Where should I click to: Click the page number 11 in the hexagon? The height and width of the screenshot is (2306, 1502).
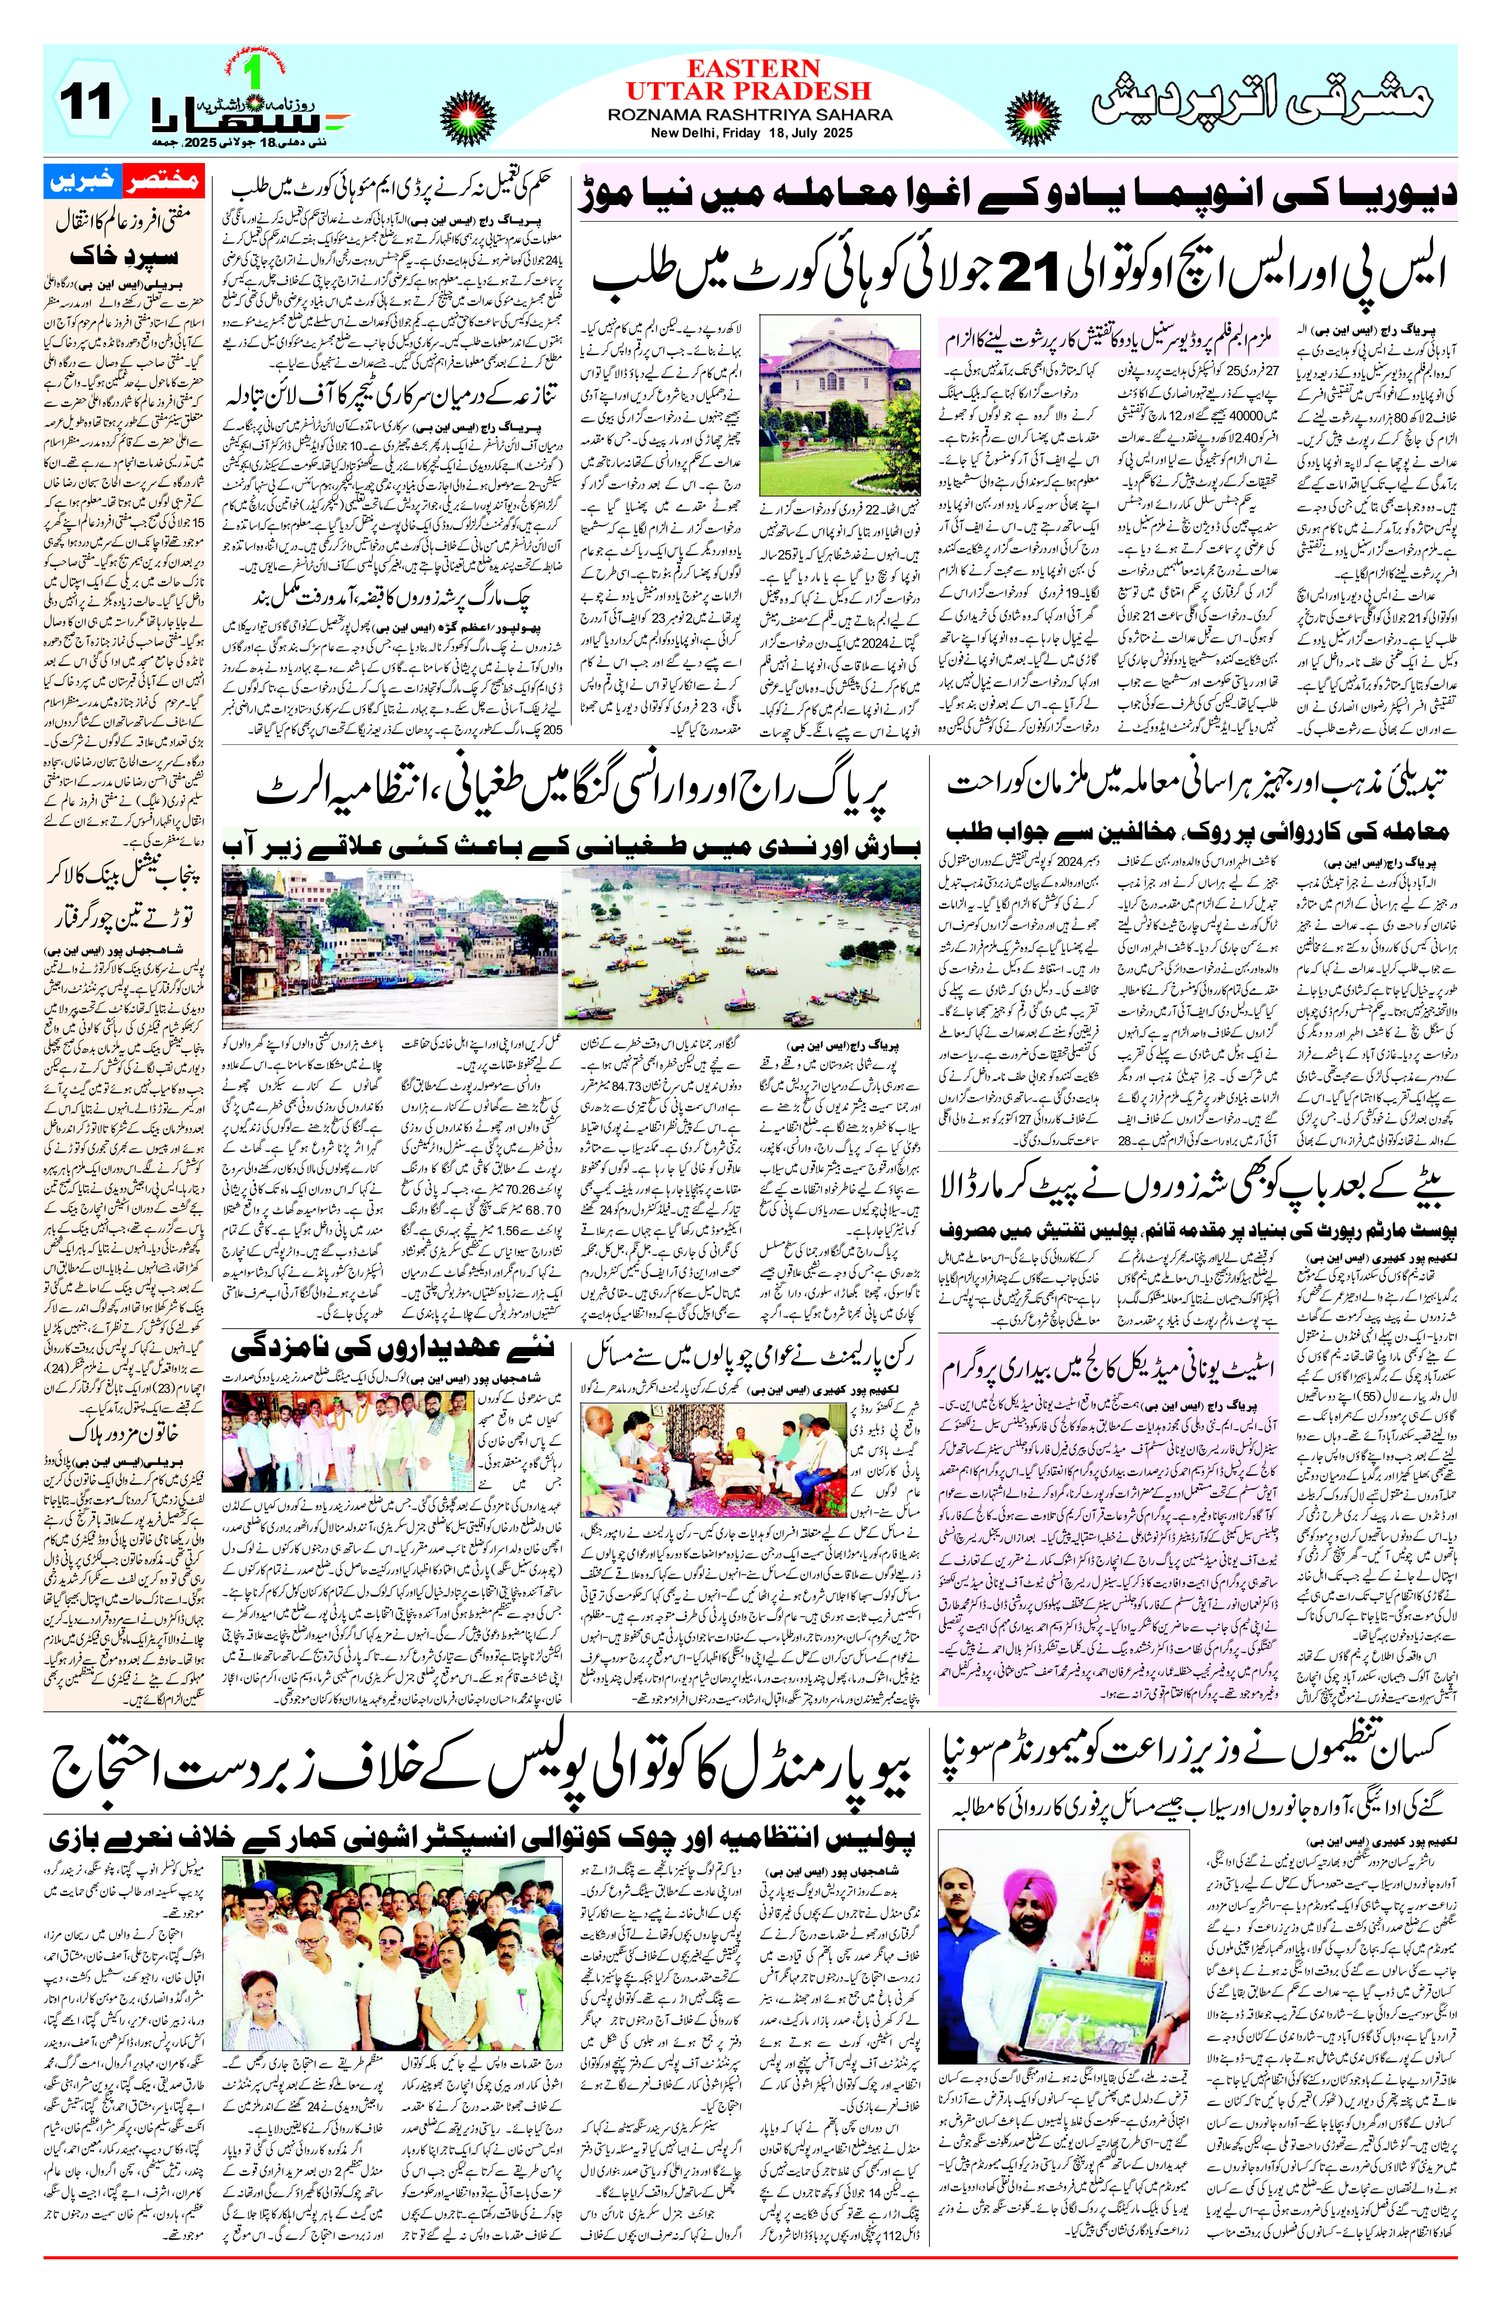[x=85, y=101]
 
